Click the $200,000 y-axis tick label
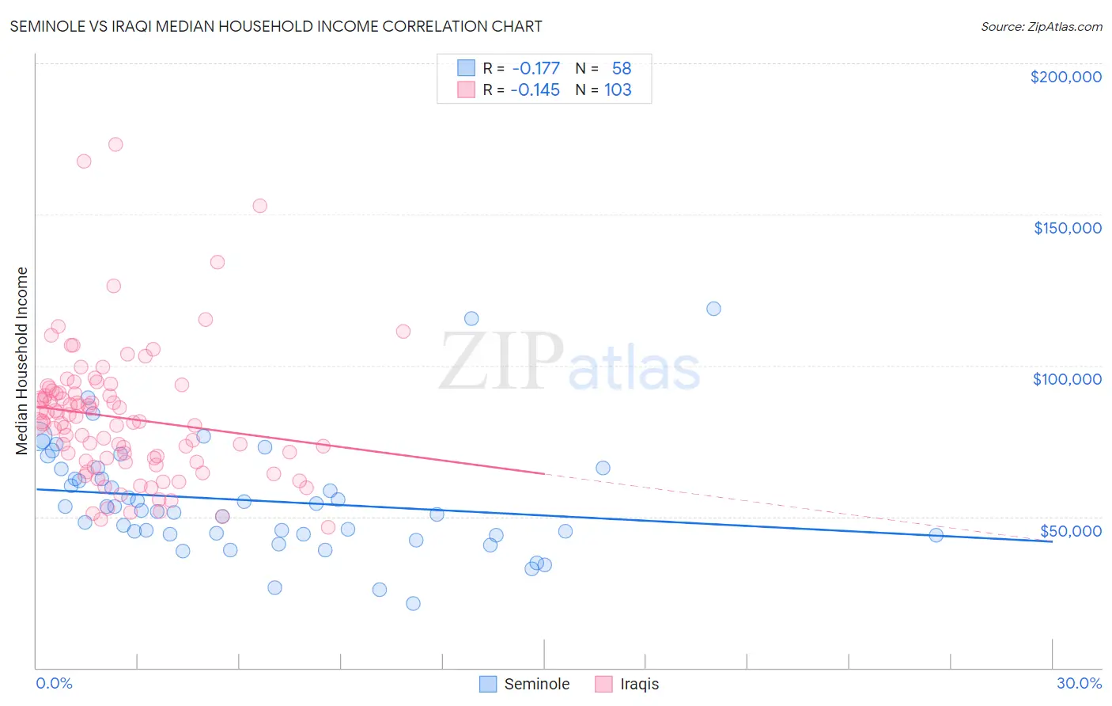click(x=1065, y=77)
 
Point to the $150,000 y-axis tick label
click(x=1067, y=228)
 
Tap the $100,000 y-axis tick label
click(x=1067, y=379)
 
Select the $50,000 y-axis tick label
click(x=1070, y=531)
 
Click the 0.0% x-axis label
click(x=54, y=683)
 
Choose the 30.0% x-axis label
click(x=1079, y=683)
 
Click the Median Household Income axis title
click(x=22, y=361)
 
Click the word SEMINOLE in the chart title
click(x=47, y=26)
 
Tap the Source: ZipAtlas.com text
click(x=1041, y=27)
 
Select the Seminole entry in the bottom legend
click(x=524, y=684)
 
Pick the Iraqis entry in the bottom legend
click(x=626, y=684)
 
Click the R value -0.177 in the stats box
click(x=535, y=69)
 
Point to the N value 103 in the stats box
click(x=618, y=90)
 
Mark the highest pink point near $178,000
click(x=115, y=144)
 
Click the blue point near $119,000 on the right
click(x=713, y=309)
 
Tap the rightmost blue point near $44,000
click(x=936, y=535)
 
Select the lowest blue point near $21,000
click(x=413, y=603)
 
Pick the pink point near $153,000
click(x=259, y=206)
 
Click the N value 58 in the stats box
click(x=622, y=69)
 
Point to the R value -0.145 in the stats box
click(x=535, y=90)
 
